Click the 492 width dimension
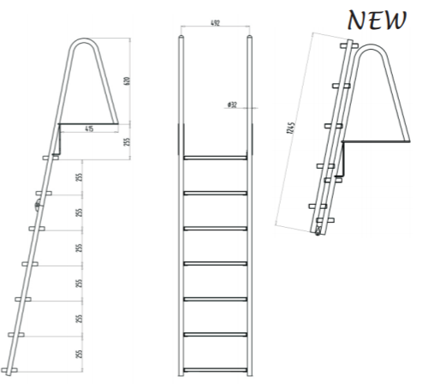pyautogui.click(x=214, y=24)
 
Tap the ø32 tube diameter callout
pyautogui.click(x=232, y=104)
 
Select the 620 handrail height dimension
pyautogui.click(x=127, y=81)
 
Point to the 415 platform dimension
pyautogui.click(x=89, y=129)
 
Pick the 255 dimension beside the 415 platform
pyautogui.click(x=127, y=141)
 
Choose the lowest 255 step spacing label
pyautogui.click(x=80, y=353)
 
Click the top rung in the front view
pyautogui.click(x=214, y=158)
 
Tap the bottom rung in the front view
pyautogui.click(x=214, y=369)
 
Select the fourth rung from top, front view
pyautogui.click(x=214, y=263)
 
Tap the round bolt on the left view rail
pyautogui.click(x=37, y=206)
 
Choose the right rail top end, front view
pyautogui.click(x=249, y=39)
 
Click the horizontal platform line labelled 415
pyautogui.click(x=88, y=123)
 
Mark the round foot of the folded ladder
pyautogui.click(x=318, y=231)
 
